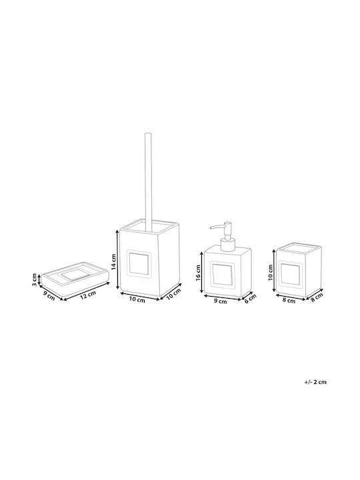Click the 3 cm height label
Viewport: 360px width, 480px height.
click(x=35, y=280)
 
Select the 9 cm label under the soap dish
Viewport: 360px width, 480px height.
click(x=49, y=296)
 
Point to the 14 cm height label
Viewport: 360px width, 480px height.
click(x=113, y=261)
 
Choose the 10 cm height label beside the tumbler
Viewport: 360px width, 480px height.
click(x=270, y=273)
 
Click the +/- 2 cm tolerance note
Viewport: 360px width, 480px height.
click(x=315, y=382)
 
